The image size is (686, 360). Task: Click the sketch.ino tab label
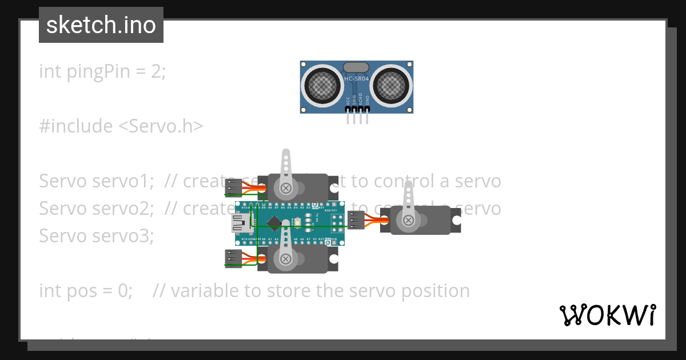[101, 25]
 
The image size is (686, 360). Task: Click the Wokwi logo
[607, 315]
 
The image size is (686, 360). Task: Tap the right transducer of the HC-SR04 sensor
[391, 85]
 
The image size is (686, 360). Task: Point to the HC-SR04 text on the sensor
[356, 78]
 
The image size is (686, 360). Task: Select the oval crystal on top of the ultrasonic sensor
[356, 67]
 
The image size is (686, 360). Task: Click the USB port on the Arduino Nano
[240, 223]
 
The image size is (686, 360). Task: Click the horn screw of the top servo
[285, 187]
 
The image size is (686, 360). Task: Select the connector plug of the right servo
[356, 220]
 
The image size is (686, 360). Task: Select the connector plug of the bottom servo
[233, 259]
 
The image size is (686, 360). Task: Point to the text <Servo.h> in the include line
[161, 126]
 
